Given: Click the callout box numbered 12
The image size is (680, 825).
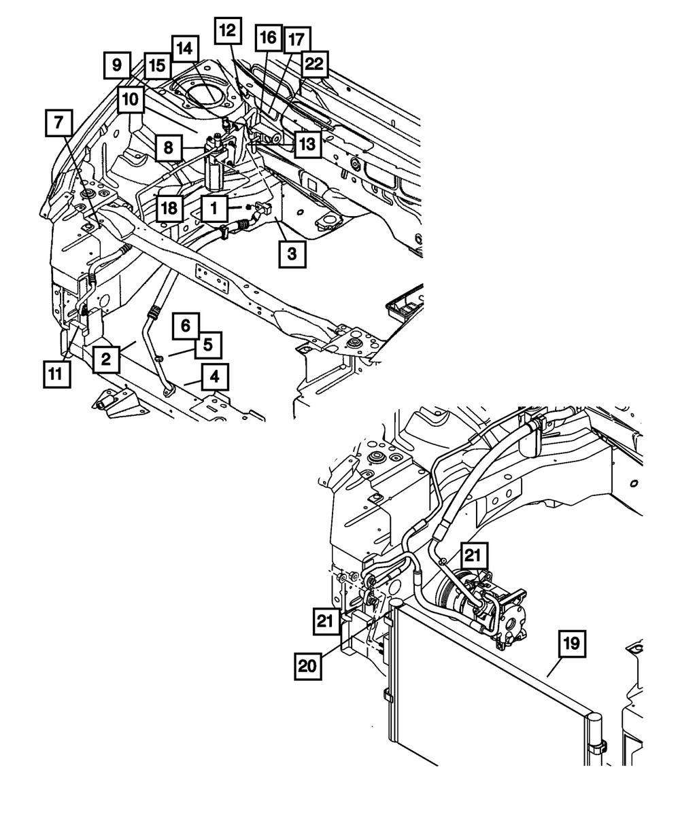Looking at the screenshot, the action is pos(228,31).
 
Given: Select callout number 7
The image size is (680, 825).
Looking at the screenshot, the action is pos(59,123).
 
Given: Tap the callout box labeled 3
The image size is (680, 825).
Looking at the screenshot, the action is pos(292,254).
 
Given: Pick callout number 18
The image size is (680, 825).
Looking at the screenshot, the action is pos(170,208).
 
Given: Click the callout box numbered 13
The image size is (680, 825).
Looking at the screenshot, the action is pos(307,144).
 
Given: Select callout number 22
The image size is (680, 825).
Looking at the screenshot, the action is pos(315,64).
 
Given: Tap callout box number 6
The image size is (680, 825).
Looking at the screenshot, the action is pos(186,326).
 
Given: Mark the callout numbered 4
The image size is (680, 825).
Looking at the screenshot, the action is pos(215,376).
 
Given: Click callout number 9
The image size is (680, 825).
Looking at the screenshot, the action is pos(117,65).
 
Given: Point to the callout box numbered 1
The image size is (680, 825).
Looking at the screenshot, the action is pos(214,208).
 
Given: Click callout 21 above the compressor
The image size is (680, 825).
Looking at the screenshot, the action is pos(473,555).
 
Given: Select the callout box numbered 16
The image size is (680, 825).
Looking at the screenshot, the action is pos(269,38).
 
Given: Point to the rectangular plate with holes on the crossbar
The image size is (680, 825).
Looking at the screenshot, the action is pos(212,278).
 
